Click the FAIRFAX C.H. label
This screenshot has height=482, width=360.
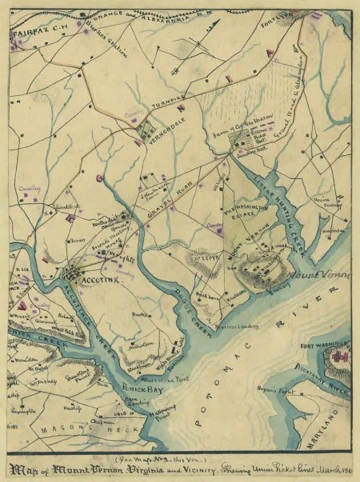tap(31, 36)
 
